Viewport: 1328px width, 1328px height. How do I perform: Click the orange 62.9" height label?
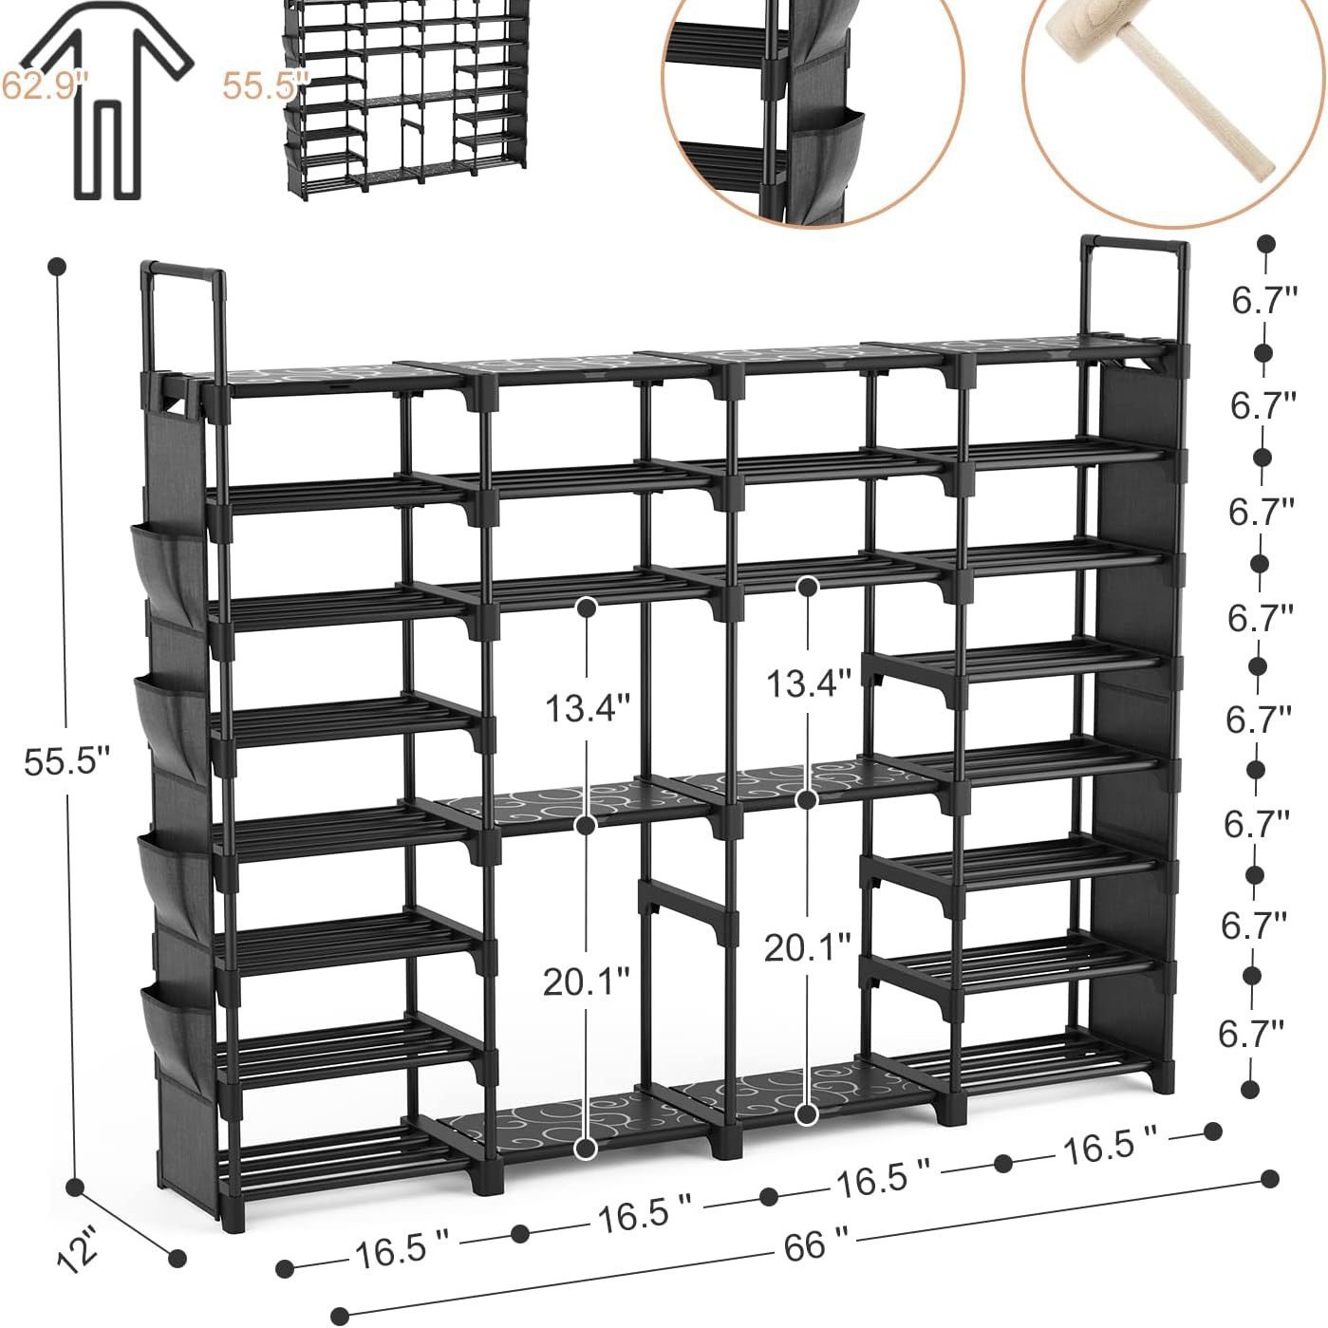click(45, 85)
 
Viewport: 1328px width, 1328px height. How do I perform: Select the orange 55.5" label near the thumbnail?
click(265, 86)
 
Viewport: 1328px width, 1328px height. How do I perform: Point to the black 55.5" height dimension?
click(67, 761)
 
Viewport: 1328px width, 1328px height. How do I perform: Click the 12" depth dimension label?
click(77, 1249)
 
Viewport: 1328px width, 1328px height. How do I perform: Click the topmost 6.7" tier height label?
click(1265, 301)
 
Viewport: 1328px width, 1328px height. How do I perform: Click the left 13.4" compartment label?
click(588, 708)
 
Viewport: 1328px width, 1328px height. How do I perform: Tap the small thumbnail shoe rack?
click(405, 99)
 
